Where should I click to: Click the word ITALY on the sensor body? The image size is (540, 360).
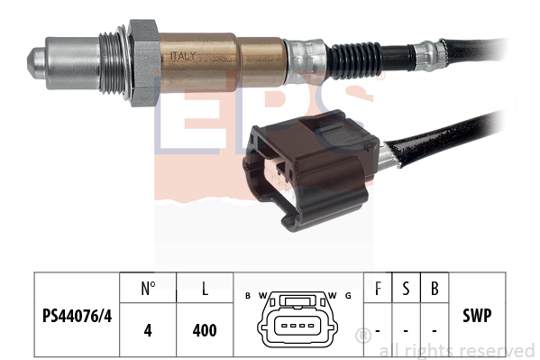(183, 56)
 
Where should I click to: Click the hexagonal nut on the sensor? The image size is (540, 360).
(143, 63)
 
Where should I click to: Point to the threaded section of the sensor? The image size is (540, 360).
(113, 63)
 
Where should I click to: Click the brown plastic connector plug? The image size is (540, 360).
(311, 170)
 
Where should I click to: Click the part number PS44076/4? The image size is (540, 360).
(78, 316)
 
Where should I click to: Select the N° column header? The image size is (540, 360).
(148, 289)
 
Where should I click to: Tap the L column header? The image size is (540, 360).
(205, 289)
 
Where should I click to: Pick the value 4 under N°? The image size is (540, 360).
(148, 330)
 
